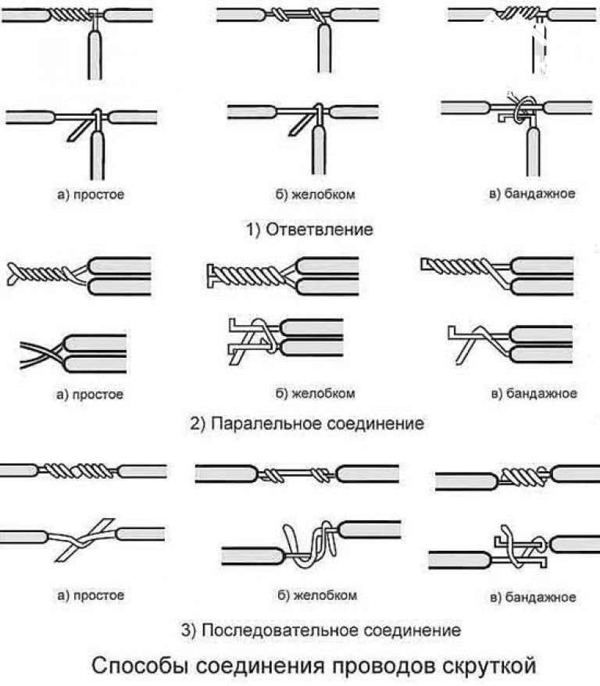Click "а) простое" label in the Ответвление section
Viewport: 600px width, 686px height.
pos(91,194)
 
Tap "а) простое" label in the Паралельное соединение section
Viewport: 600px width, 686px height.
pos(91,395)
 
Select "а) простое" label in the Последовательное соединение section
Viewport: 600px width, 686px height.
pos(91,595)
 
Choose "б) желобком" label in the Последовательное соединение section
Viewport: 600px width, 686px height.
pos(316,595)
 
